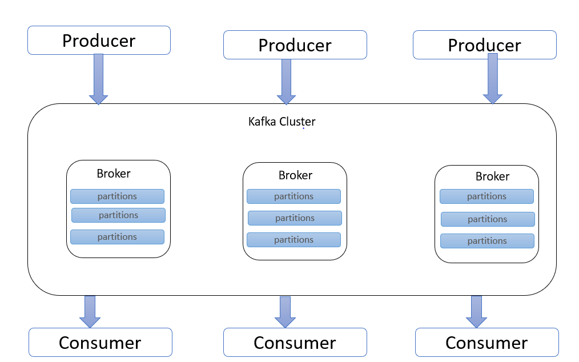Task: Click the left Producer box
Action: tap(99, 41)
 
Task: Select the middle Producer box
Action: tap(295, 45)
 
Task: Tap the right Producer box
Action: tap(484, 45)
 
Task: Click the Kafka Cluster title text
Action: tap(282, 122)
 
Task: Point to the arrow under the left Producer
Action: tap(99, 79)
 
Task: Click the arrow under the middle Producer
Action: tap(286, 82)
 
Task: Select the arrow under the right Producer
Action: tap(493, 79)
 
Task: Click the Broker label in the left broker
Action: tap(114, 173)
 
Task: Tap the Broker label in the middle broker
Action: tap(295, 175)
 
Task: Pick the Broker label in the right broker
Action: tap(493, 176)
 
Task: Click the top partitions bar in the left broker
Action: tap(118, 196)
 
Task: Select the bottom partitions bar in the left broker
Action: tap(118, 237)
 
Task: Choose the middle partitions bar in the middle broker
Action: tap(295, 218)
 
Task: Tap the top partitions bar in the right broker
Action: tap(486, 196)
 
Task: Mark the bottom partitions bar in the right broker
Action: tap(488, 241)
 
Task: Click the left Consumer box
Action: tap(100, 343)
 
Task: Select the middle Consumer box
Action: tap(295, 343)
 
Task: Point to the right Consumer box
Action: tap(487, 343)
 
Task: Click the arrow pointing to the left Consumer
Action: tap(90, 311)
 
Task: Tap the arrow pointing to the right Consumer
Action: tap(476, 311)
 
